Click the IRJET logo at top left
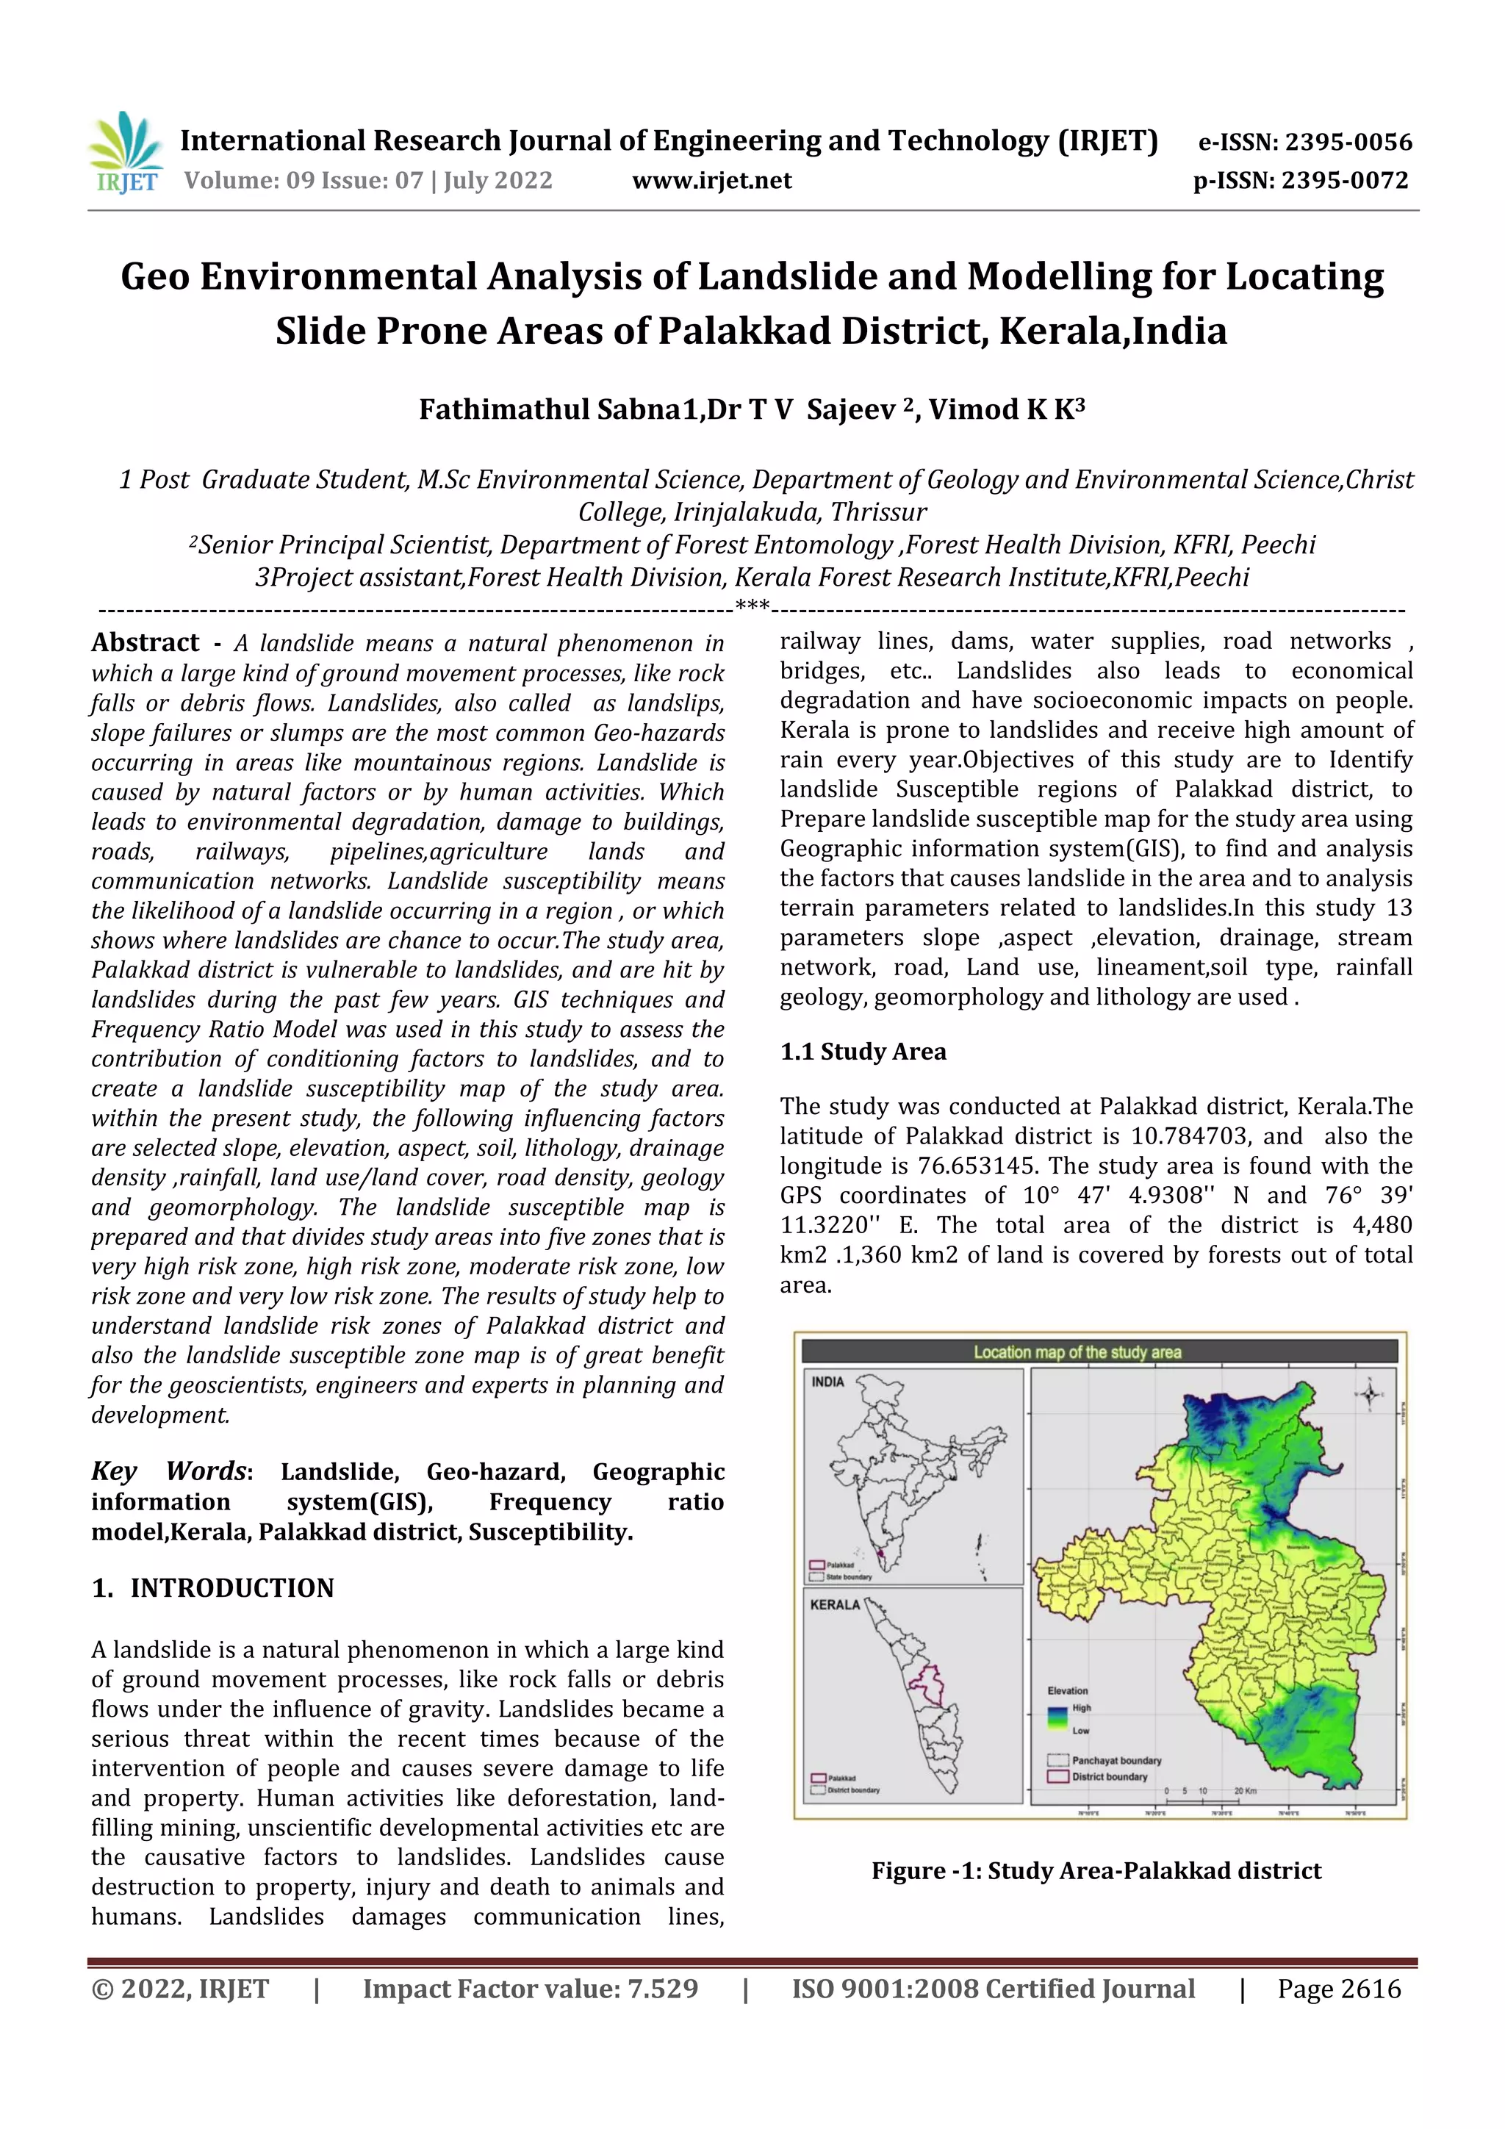point(124,152)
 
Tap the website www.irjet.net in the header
point(711,181)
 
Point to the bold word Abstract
point(146,642)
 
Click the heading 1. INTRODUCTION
point(212,1587)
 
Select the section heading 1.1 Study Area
point(863,1052)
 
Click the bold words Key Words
point(169,1471)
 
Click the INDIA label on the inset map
point(828,1382)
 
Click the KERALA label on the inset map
point(835,1605)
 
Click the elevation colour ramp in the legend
point(1057,1718)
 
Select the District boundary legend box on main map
point(1057,1777)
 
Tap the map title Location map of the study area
point(1077,1352)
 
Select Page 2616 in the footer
point(1338,1989)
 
